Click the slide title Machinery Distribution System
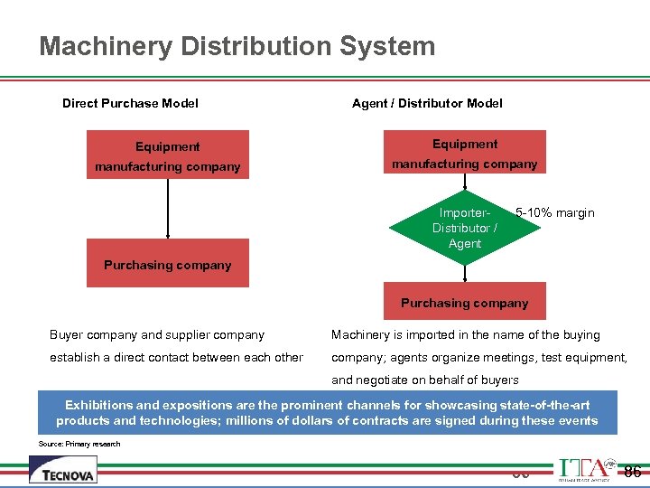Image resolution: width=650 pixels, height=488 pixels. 237,46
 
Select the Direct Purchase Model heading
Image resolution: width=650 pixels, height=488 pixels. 130,103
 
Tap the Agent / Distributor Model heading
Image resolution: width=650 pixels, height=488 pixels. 427,103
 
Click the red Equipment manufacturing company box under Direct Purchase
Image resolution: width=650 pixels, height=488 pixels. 167,155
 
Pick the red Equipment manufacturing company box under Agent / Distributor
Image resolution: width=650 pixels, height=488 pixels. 465,153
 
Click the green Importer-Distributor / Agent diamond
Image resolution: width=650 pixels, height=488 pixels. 464,228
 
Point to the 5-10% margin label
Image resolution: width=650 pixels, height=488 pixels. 554,213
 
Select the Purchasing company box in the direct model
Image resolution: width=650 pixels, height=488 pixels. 167,264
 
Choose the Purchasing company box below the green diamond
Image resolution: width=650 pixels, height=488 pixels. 465,303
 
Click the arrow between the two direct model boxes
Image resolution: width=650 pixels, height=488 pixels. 168,208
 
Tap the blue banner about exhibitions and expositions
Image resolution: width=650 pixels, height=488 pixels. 327,413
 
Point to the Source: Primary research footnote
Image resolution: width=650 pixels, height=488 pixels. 79,444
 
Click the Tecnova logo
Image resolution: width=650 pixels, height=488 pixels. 63,470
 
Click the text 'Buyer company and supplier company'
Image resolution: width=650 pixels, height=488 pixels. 157,335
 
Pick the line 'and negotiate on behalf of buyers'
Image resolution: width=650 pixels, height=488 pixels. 425,380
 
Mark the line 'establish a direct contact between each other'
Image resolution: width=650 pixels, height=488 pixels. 176,357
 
